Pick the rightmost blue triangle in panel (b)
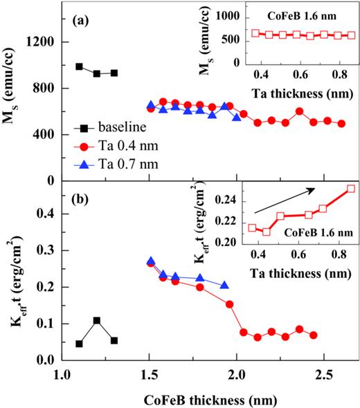click(224, 285)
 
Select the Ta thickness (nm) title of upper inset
click(291, 89)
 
